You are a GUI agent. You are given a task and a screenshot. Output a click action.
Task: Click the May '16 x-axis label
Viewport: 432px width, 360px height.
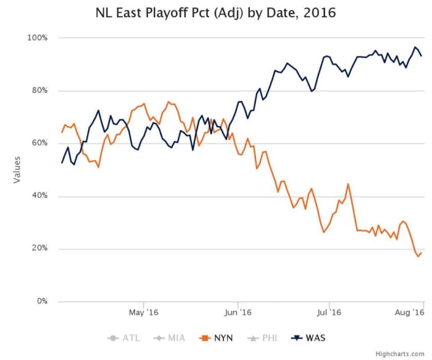pyautogui.click(x=143, y=313)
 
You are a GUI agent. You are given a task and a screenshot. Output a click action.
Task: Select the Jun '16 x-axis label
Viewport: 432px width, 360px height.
pyautogui.click(x=238, y=313)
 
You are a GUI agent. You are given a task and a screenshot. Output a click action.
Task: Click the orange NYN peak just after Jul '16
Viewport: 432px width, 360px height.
pyautogui.click(x=349, y=184)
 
